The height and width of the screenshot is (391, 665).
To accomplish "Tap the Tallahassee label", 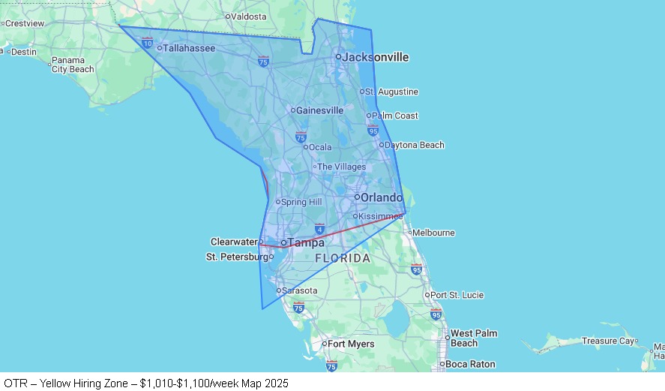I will pyautogui.click(x=188, y=48).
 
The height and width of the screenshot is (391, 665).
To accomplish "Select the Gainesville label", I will pyautogui.click(x=319, y=110).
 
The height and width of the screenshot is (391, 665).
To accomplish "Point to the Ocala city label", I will pyautogui.click(x=320, y=147).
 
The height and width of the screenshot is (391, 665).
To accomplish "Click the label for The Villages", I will pyautogui.click(x=341, y=167).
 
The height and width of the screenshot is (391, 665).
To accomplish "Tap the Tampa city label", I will pyautogui.click(x=307, y=242).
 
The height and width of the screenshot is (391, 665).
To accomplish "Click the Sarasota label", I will pyautogui.click(x=299, y=290).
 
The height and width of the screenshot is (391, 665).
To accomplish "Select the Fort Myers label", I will pyautogui.click(x=351, y=344).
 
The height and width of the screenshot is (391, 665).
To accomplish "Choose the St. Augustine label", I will pyautogui.click(x=392, y=92).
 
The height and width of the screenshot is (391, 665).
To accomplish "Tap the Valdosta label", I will pyautogui.click(x=249, y=16).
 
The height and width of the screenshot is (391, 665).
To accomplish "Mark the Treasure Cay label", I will pyautogui.click(x=609, y=341).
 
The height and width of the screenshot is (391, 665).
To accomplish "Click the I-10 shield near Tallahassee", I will pyautogui.click(x=148, y=43).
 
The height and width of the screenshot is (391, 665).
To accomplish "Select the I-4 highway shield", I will pyautogui.click(x=319, y=228).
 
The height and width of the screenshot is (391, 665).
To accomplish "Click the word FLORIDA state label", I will pyautogui.click(x=343, y=258).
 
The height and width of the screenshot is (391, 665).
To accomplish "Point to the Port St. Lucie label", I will pyautogui.click(x=457, y=295).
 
